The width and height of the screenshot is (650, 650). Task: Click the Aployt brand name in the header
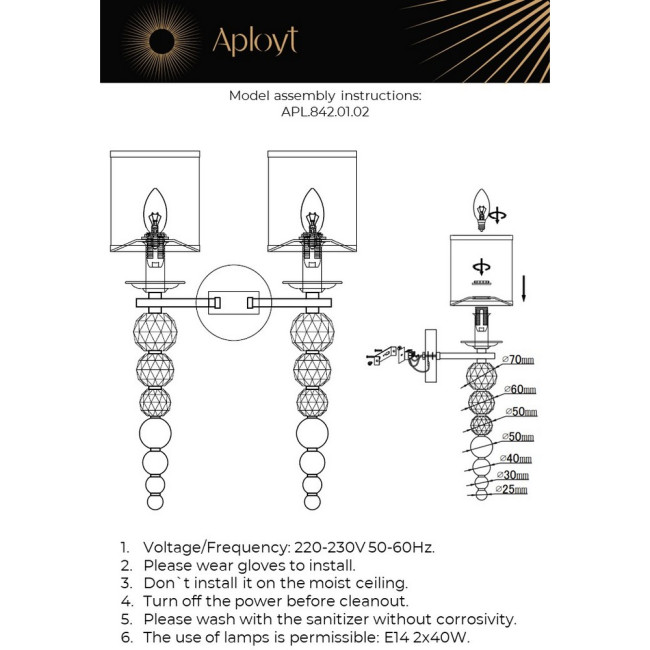[x=254, y=40]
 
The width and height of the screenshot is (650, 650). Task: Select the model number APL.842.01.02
[x=325, y=113]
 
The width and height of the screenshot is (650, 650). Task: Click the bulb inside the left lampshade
[x=155, y=209]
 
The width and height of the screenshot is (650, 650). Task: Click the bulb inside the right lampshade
[x=312, y=209]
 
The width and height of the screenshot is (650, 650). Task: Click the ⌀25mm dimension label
[x=511, y=490]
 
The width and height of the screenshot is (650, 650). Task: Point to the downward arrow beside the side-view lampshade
[x=525, y=291]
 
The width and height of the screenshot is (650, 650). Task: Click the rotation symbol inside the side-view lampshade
[x=481, y=266]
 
